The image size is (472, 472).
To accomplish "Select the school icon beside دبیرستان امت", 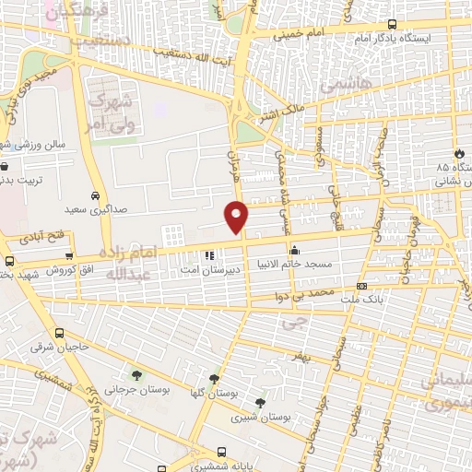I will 209,254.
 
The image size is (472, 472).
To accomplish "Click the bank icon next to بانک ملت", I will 361,287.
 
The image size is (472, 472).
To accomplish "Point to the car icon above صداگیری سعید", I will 95,196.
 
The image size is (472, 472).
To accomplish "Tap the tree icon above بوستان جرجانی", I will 136,374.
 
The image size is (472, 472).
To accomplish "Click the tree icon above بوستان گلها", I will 214,378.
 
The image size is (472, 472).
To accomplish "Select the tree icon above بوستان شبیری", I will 260,403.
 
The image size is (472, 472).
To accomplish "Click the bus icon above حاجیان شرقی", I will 59,333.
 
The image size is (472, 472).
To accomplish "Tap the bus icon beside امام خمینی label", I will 392,25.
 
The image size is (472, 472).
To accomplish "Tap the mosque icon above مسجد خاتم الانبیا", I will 293,250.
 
